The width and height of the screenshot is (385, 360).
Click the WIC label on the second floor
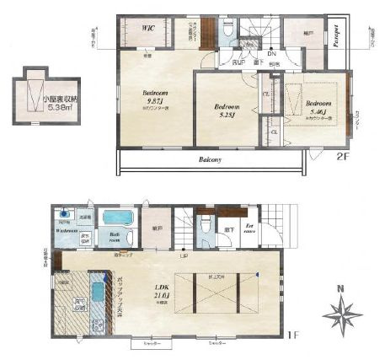point(148,27)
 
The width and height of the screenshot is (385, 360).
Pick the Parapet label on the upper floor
point(335,38)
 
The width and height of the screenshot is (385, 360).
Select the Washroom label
point(67,229)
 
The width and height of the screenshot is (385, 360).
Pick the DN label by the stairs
point(272,55)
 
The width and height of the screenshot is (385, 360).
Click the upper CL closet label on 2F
point(266,94)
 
